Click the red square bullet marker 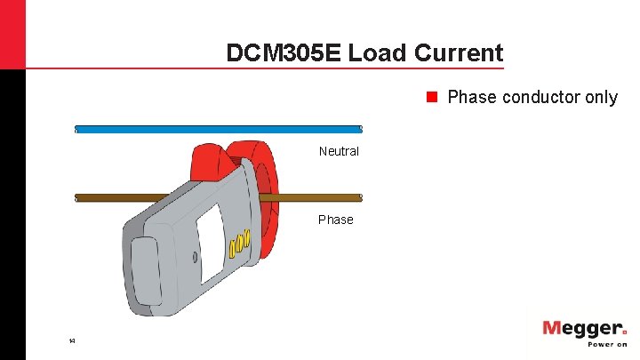(x=433, y=97)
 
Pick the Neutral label (x=339, y=151)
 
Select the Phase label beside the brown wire (x=336, y=220)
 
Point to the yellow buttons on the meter (x=241, y=244)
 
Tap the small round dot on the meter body (x=196, y=258)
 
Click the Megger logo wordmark (x=584, y=329)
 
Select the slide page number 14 (x=72, y=340)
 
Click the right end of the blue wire (x=359, y=129)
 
